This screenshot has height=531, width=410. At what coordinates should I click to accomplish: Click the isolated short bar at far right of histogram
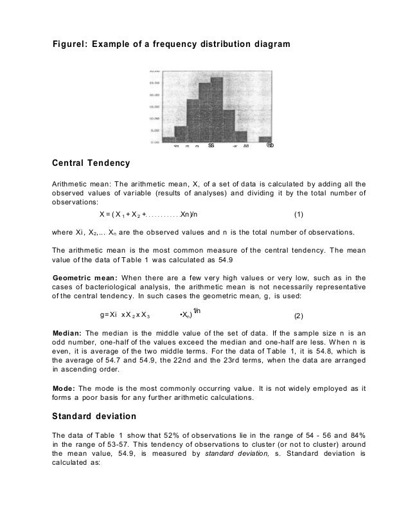click(x=264, y=139)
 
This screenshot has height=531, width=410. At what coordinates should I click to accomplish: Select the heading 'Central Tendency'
click(x=91, y=162)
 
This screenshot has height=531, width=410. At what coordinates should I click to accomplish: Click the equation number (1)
click(x=298, y=213)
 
